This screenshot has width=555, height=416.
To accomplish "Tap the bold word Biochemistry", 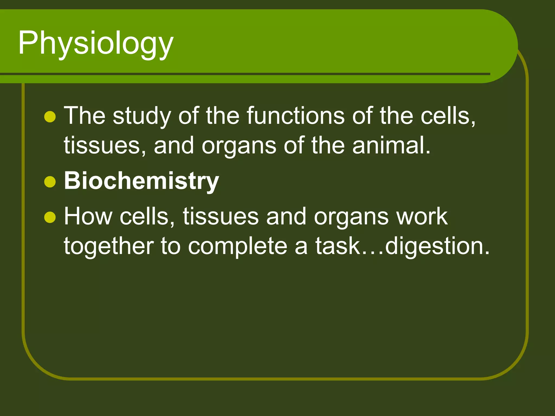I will tap(141, 181).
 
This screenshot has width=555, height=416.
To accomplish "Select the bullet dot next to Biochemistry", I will tap(50, 182).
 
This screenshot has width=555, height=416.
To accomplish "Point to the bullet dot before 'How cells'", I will tap(50, 217).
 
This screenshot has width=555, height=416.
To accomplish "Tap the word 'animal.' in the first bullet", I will tap(391, 145).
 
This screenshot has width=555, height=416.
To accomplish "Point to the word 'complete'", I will tap(237, 246).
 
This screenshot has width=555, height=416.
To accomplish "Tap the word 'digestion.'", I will tap(437, 246).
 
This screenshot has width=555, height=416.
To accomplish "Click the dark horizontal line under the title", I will tap(244, 74).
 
